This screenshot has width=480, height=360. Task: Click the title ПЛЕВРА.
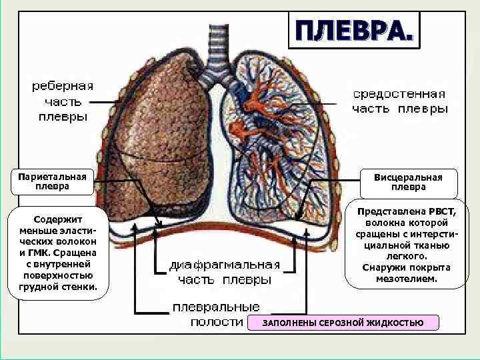(354, 30)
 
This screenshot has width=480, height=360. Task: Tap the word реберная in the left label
(63, 86)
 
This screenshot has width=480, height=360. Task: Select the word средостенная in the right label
(399, 94)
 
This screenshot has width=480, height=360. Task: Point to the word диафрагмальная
(223, 265)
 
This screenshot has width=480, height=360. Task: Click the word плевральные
(216, 307)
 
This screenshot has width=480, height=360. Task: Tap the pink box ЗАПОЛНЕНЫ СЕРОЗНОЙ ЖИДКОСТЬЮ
(343, 323)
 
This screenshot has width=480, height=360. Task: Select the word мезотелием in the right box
(407, 278)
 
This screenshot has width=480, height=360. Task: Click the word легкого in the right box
(407, 256)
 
